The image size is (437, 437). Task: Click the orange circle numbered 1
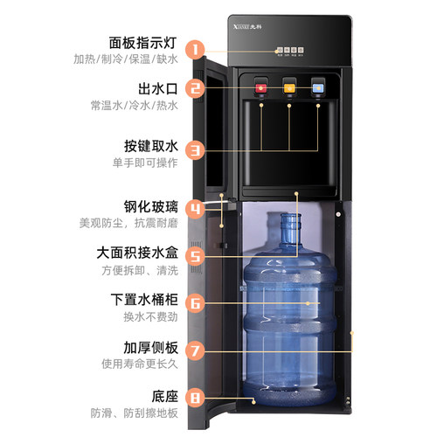[197, 50]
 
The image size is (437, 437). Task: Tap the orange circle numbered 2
[197, 87]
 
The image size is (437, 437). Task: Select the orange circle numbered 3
[197, 150]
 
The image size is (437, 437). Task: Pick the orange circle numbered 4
[197, 208]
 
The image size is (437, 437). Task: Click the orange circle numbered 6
[197, 304]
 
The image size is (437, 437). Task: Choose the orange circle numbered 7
[197, 351]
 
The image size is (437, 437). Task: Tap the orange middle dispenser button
[289, 87]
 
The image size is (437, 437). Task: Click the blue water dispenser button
[318, 87]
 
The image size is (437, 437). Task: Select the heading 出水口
[156, 89]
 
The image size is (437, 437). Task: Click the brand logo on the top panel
[274, 25]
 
